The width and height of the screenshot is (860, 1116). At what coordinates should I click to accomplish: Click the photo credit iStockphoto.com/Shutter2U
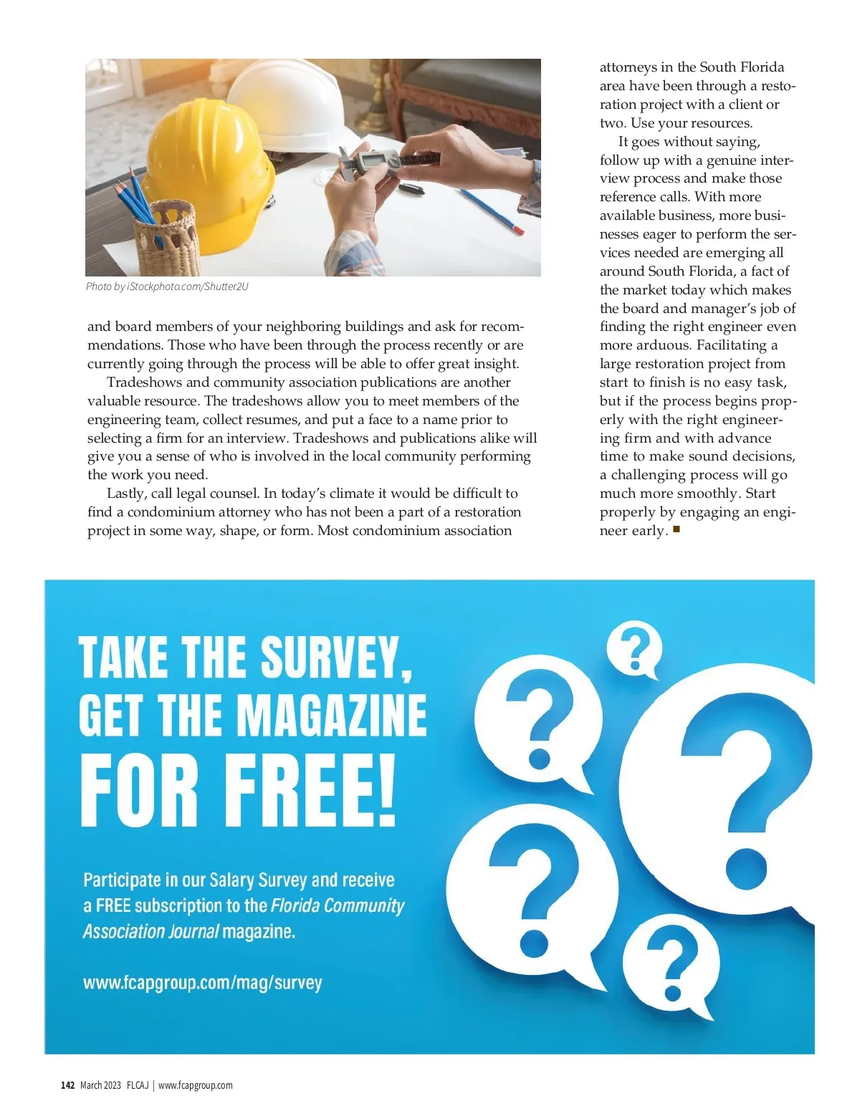coord(167,287)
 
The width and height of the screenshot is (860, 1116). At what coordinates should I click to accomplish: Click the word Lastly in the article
coord(126,494)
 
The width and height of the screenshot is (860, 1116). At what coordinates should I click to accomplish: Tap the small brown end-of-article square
coord(677,530)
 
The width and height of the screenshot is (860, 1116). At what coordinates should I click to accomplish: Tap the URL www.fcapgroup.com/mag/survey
coord(203,982)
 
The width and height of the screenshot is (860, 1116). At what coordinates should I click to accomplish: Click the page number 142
coord(68,1085)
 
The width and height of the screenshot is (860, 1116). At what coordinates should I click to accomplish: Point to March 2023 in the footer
coord(100,1085)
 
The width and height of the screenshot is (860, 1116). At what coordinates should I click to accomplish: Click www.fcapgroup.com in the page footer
coord(195,1085)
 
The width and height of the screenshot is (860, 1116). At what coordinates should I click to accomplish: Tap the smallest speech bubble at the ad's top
coord(634,648)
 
